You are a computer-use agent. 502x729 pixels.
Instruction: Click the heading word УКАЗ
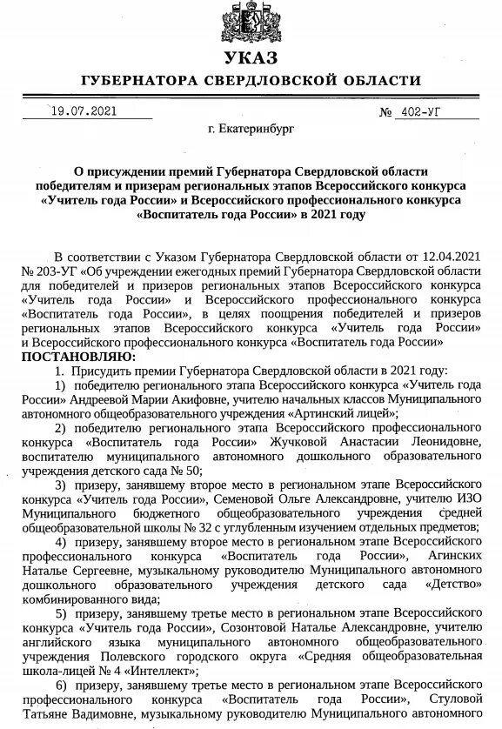point(251,58)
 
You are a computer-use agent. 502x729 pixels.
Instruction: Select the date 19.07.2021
point(82,111)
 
